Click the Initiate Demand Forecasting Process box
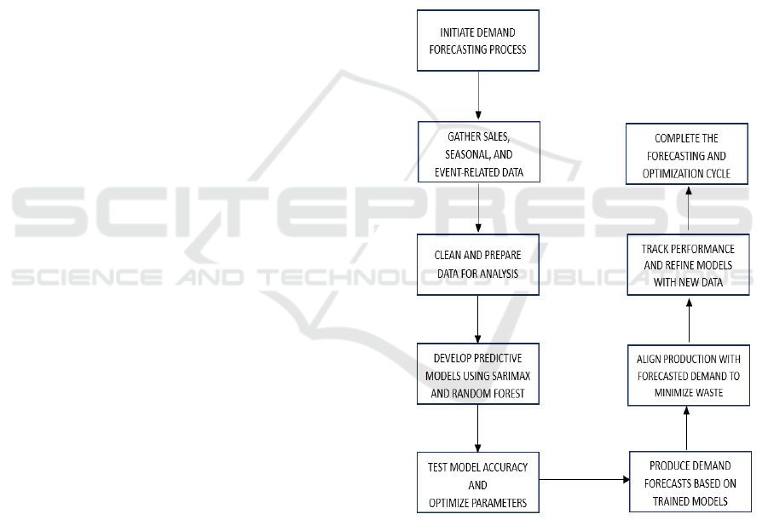pos(477,40)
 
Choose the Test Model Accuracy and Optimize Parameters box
pos(477,484)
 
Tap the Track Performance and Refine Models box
pos(687,264)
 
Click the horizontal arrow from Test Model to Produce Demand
pos(584,478)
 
